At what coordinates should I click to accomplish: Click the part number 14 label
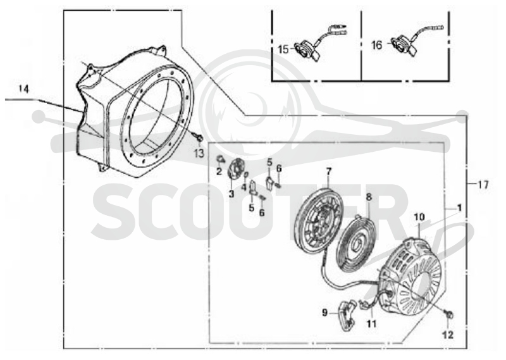click(x=23, y=89)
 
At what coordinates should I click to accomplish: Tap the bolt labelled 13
click(x=199, y=138)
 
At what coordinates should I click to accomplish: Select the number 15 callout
click(x=283, y=50)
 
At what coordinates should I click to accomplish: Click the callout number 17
click(x=483, y=185)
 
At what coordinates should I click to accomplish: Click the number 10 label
click(x=419, y=217)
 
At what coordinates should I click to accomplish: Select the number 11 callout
click(x=372, y=323)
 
